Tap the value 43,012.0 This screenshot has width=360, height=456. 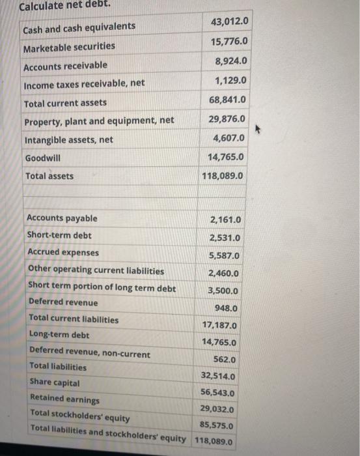point(229,23)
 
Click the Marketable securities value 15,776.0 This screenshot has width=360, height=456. point(229,42)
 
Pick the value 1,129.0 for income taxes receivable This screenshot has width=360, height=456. point(231,81)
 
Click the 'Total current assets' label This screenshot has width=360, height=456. point(65,103)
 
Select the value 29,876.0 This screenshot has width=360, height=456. point(227,119)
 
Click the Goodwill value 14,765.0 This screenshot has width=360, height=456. point(226,157)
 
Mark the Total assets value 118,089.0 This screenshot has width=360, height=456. point(223,176)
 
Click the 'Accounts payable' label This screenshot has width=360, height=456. point(62,218)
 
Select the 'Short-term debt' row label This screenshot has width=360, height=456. point(59,235)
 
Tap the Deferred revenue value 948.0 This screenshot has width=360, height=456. point(226,308)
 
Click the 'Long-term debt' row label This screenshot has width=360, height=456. point(59,335)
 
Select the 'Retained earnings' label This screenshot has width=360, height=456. point(64,399)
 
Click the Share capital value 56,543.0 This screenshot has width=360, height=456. point(218,393)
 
